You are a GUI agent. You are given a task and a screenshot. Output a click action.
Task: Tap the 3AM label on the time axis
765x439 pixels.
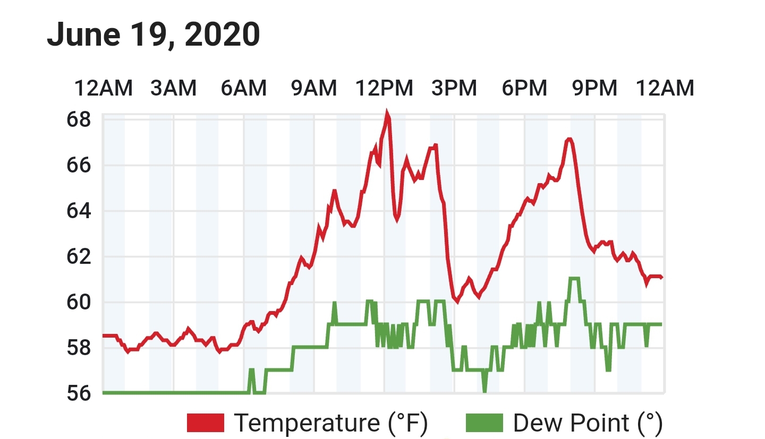[x=174, y=88]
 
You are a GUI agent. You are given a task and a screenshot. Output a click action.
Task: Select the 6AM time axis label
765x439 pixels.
[x=243, y=88]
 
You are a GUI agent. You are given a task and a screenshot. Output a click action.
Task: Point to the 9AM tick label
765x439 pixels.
[x=314, y=88]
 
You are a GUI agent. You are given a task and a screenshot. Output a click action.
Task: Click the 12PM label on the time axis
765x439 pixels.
[x=384, y=88]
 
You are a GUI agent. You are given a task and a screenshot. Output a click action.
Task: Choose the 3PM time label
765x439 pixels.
[x=454, y=88]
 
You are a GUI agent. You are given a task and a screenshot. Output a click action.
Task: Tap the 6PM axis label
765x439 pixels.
[x=524, y=88]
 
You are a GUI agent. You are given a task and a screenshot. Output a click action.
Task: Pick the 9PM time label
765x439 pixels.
[x=594, y=88]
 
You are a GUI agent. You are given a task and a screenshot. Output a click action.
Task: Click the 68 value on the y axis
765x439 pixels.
[x=79, y=119]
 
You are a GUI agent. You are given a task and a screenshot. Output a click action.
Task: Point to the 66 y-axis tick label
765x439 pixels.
[x=79, y=165]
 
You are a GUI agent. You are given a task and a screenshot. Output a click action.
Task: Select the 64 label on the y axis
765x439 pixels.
[x=79, y=211]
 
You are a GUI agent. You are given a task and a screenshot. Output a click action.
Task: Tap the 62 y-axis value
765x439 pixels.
[x=79, y=256]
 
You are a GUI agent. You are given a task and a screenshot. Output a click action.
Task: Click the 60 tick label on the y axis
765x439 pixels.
[x=79, y=302]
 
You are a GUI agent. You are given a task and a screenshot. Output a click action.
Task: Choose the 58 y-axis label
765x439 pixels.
[x=79, y=348]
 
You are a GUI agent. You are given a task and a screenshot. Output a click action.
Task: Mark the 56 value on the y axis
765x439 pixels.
[x=79, y=393]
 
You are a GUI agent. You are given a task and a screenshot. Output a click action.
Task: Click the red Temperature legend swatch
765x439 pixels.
[x=206, y=423]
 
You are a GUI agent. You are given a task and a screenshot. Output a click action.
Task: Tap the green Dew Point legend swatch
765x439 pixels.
[x=484, y=423]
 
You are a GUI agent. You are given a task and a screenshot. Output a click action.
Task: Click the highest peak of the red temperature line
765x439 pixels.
[x=387, y=112]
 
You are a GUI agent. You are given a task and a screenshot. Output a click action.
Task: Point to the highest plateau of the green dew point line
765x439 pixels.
[x=574, y=279]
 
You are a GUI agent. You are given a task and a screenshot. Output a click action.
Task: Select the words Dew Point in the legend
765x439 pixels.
[x=571, y=423]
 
